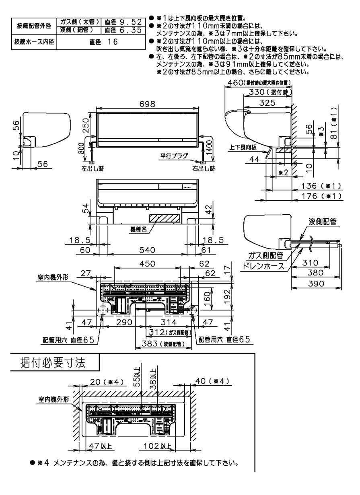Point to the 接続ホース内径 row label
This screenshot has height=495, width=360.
pyautogui.click(x=34, y=41)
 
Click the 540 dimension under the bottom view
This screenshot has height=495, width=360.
pyautogui.click(x=148, y=250)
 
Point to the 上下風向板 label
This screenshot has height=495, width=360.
pyautogui.click(x=243, y=148)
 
